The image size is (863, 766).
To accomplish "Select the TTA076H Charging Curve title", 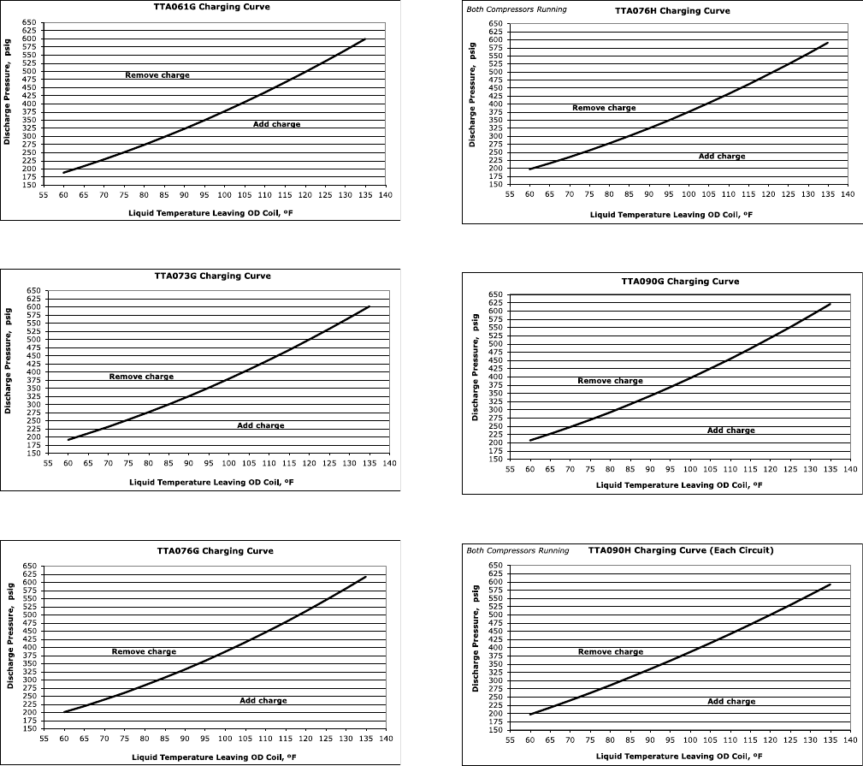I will tap(672, 12).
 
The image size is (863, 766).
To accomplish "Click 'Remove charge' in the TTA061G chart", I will tap(157, 75).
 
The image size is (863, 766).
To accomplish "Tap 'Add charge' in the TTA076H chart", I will tap(722, 157).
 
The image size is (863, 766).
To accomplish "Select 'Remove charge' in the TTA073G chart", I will tap(141, 377).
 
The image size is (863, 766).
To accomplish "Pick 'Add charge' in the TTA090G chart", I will tap(731, 431).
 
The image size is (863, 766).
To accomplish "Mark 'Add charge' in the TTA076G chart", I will tap(263, 701).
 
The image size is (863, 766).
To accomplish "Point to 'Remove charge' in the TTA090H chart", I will tap(611, 652).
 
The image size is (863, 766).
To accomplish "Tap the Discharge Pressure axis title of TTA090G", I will tap(475, 367).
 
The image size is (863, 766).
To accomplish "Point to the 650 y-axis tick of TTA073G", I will tap(33, 291).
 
